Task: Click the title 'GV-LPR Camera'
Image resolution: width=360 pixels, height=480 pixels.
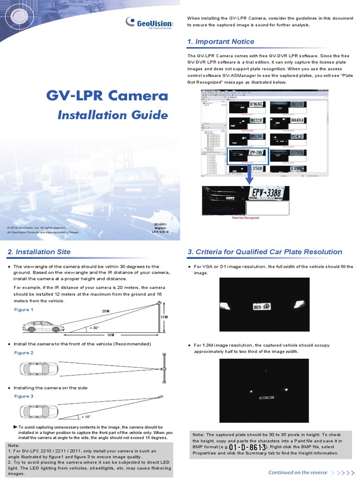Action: pyautogui.click(x=107, y=96)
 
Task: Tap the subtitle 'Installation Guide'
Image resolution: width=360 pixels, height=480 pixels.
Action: pyautogui.click(x=112, y=115)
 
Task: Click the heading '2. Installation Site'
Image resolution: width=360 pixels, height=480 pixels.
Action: pyautogui.click(x=39, y=252)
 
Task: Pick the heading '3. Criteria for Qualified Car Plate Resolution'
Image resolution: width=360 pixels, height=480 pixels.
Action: pyautogui.click(x=265, y=252)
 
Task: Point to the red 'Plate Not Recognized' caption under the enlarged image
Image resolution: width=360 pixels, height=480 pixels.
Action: pyautogui.click(x=246, y=218)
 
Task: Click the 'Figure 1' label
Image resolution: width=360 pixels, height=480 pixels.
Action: pyautogui.click(x=23, y=310)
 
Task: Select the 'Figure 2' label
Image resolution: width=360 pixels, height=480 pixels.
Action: pyautogui.click(x=23, y=352)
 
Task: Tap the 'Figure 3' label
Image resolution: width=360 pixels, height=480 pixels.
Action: pyautogui.click(x=23, y=396)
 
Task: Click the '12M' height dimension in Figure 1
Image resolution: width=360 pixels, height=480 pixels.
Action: pyautogui.click(x=164, y=317)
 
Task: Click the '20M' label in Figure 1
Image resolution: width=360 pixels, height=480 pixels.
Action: pyautogui.click(x=105, y=311)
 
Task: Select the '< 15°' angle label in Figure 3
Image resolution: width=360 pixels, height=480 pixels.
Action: pyautogui.click(x=86, y=416)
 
